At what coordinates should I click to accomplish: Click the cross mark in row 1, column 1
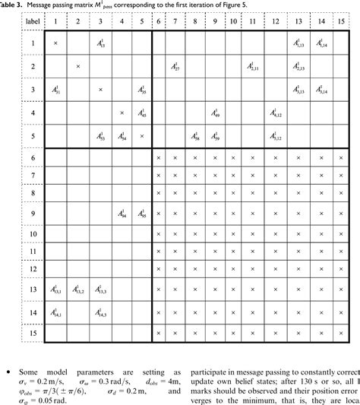[55, 46]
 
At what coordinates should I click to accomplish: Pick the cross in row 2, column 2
[78, 68]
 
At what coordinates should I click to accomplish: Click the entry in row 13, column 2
[78, 289]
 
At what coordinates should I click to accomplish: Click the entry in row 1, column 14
[322, 46]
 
